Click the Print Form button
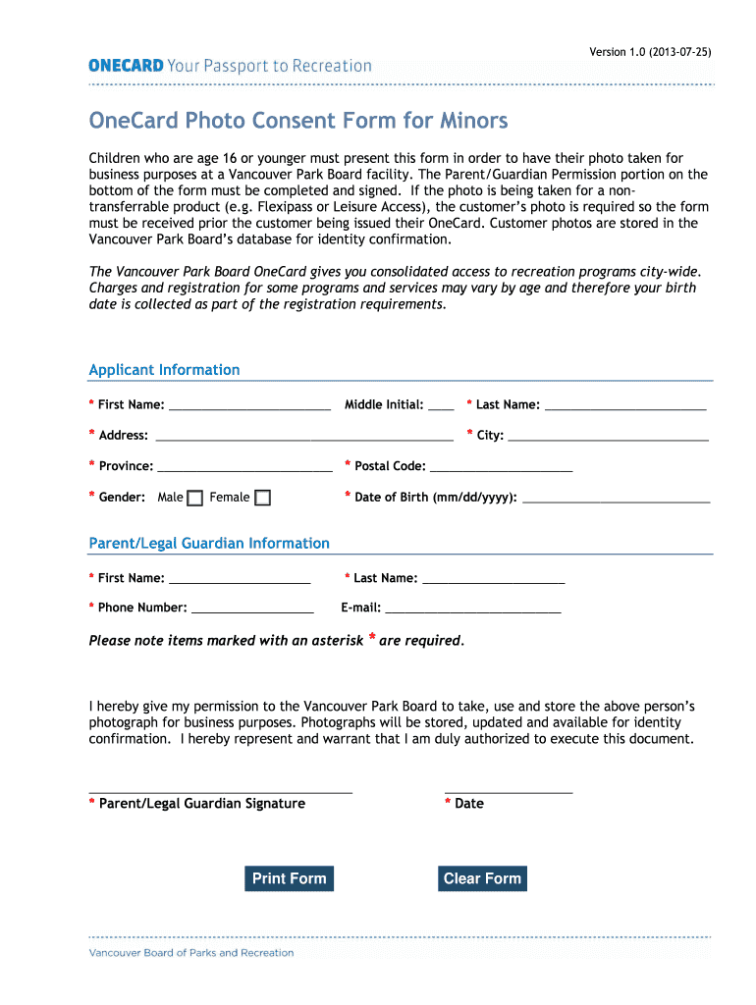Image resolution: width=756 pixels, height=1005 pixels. pos(289,878)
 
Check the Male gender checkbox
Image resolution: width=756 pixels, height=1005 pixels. pos(195,498)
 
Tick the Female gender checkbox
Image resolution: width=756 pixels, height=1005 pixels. pos(262,498)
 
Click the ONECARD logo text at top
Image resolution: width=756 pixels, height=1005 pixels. pos(126,66)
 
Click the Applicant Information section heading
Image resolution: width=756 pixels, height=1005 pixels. pos(164,370)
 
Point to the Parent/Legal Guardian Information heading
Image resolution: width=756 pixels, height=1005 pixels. pos(209,543)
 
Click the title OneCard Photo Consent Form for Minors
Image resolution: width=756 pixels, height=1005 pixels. pos(298,121)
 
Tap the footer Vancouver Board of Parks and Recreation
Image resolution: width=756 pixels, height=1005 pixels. pos(191,952)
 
